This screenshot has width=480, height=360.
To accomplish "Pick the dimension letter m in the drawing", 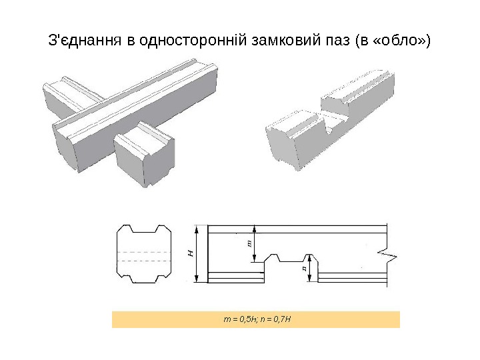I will [249, 243].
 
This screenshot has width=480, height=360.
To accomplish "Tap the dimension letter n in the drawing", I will [304, 268].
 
